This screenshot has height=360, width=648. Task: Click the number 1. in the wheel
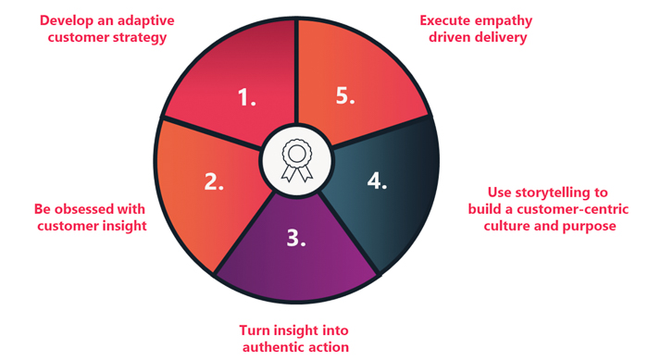[x=247, y=96]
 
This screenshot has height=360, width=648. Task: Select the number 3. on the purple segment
[x=295, y=238]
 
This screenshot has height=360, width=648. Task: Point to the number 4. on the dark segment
[x=376, y=180]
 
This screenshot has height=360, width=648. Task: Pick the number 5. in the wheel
[x=344, y=96]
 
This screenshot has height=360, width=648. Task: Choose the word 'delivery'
[x=507, y=37]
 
